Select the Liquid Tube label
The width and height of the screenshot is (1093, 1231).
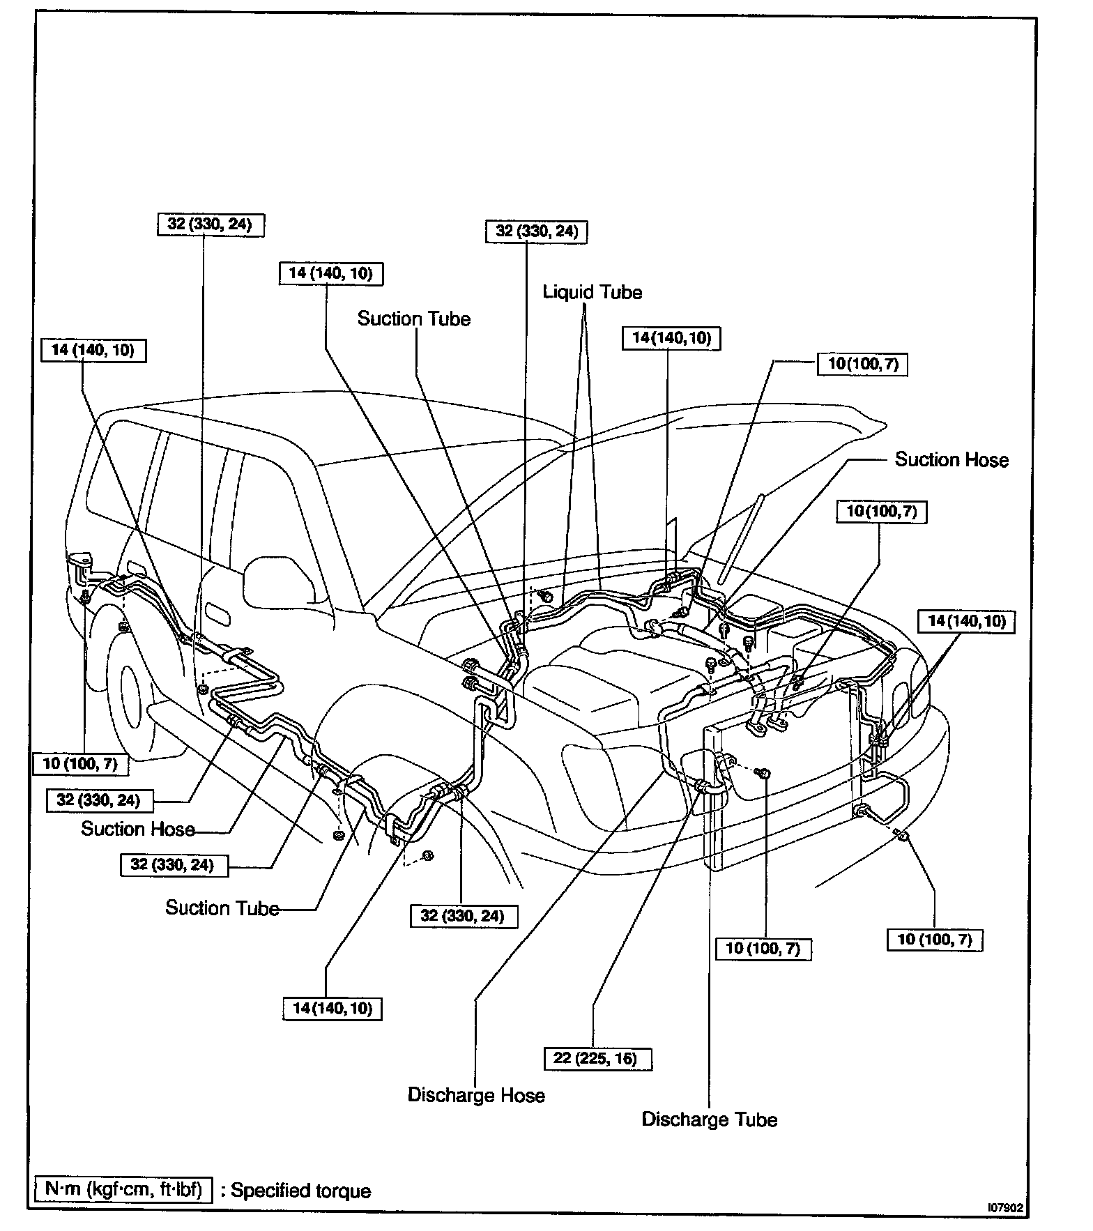(593, 292)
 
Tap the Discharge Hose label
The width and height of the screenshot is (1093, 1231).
(476, 1095)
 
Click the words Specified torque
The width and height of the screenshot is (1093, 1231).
(301, 1191)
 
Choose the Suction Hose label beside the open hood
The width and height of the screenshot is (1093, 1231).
(951, 460)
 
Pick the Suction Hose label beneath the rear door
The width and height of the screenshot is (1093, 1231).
(137, 829)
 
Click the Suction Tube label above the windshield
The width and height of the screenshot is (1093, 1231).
(414, 319)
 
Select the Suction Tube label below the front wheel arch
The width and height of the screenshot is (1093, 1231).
(222, 908)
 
